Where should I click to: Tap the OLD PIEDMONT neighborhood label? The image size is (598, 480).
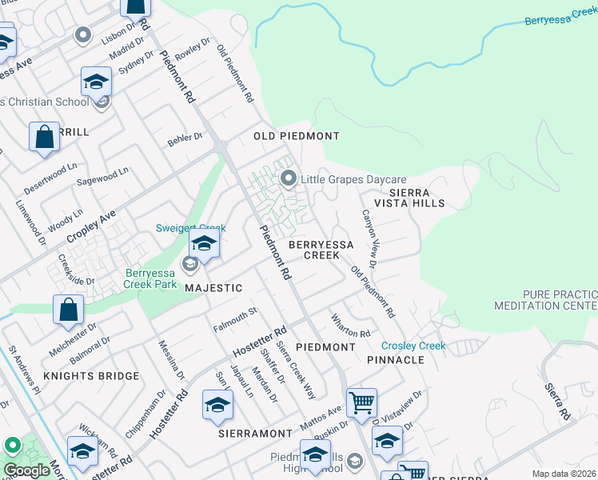tap(297, 137)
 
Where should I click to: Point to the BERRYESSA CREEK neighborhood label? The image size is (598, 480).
tap(314, 249)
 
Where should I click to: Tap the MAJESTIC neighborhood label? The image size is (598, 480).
tap(213, 287)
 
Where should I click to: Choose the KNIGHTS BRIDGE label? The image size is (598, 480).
tap(91, 376)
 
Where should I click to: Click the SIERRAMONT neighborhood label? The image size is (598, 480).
tap(255, 433)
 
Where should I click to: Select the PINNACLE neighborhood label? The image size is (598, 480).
tap(395, 360)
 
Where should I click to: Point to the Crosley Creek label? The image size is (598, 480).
tap(413, 346)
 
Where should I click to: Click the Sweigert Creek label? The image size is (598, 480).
tap(191, 228)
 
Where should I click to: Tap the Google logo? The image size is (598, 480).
tap(26, 470)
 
